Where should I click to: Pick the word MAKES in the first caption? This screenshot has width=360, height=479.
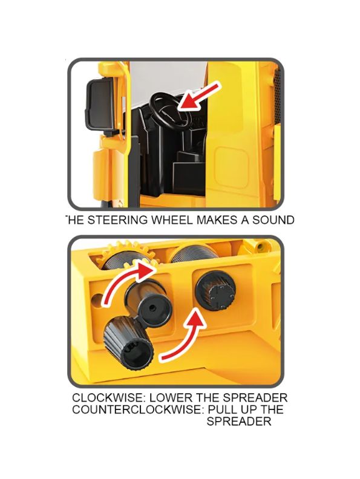click(x=218, y=220)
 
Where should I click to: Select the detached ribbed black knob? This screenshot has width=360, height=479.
click(x=129, y=342)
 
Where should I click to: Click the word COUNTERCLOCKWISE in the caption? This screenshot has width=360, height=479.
click(x=137, y=409)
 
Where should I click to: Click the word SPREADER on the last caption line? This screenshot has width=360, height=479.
click(x=238, y=421)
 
